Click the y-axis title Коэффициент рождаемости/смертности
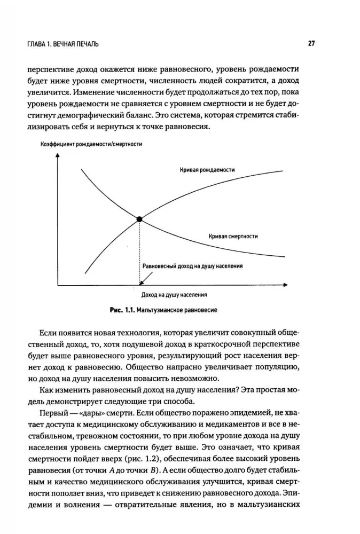pos(91,145)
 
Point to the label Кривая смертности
pos(234,235)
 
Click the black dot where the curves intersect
pos(139,219)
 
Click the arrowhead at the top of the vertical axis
pos(56,156)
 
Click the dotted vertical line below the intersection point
pos(139,251)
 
